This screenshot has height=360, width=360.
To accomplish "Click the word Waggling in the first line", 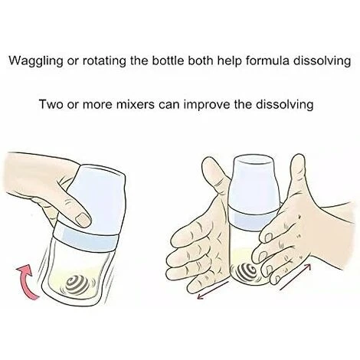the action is click(35, 61).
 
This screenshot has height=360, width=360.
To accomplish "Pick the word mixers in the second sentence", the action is click(132, 104).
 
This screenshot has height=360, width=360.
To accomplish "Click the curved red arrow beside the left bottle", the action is click(25, 281).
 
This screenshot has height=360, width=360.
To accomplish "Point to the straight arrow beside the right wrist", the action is click(296, 277).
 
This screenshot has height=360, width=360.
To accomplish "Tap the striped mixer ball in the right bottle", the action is click(247, 272).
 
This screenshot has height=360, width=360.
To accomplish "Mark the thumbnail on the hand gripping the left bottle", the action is click(83, 219).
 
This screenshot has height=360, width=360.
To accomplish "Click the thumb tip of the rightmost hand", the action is click(298, 159).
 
